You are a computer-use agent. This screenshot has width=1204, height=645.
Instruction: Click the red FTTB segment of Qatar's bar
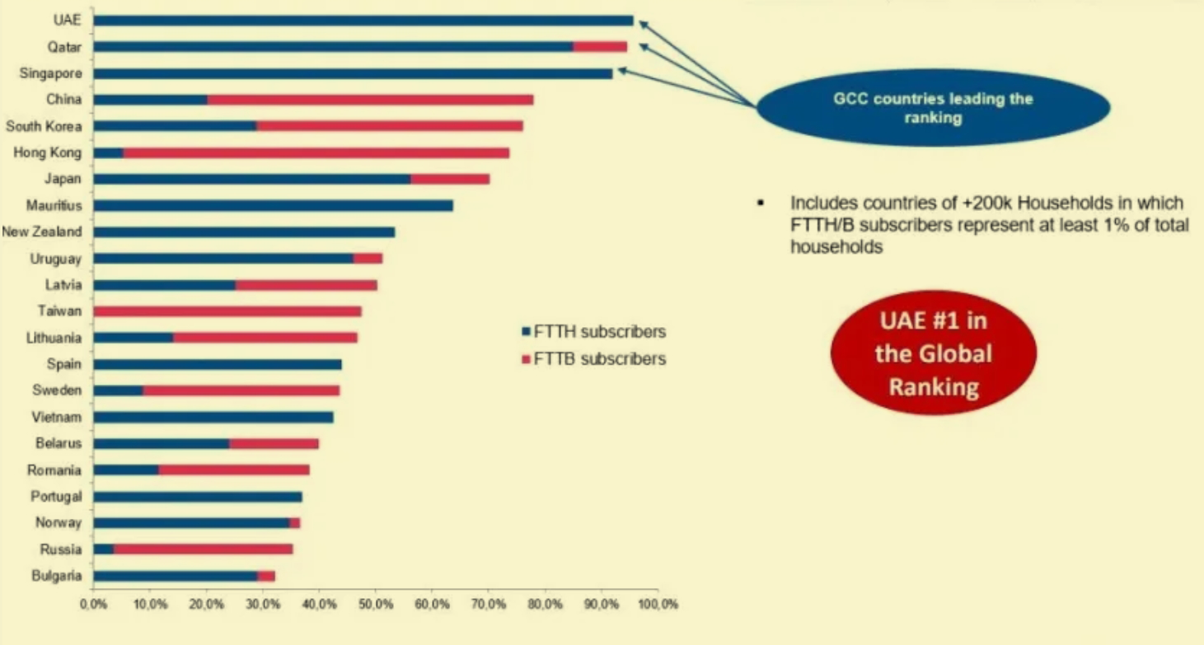(600, 47)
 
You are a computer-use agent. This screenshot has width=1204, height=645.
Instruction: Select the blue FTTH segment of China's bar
(151, 100)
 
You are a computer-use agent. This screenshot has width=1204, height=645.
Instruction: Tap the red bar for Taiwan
(227, 311)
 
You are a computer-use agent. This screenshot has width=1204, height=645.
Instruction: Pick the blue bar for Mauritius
(274, 205)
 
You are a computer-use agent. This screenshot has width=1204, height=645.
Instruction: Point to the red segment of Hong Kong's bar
(316, 152)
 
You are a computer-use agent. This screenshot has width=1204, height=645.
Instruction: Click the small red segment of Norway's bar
(295, 523)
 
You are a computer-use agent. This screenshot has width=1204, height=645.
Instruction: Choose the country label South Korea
(44, 126)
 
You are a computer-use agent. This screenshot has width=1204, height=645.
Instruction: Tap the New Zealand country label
(42, 232)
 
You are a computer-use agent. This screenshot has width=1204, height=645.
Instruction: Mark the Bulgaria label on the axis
(57, 576)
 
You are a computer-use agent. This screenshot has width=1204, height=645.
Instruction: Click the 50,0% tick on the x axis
(376, 605)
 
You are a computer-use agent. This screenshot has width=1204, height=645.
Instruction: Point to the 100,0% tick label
(658, 605)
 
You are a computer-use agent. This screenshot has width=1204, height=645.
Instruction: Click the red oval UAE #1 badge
(934, 353)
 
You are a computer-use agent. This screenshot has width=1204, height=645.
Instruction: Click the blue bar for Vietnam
(213, 418)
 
